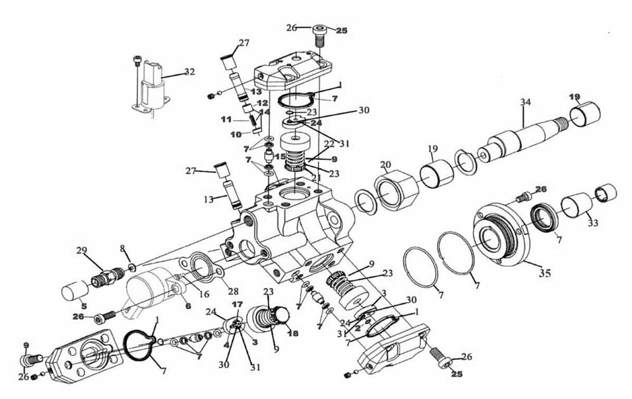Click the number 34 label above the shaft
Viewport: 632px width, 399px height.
(525, 102)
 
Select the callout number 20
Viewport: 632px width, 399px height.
(385, 165)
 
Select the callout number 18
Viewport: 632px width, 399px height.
(293, 333)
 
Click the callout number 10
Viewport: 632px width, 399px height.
(236, 134)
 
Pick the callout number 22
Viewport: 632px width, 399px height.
(328, 145)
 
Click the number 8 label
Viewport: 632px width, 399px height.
(123, 248)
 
